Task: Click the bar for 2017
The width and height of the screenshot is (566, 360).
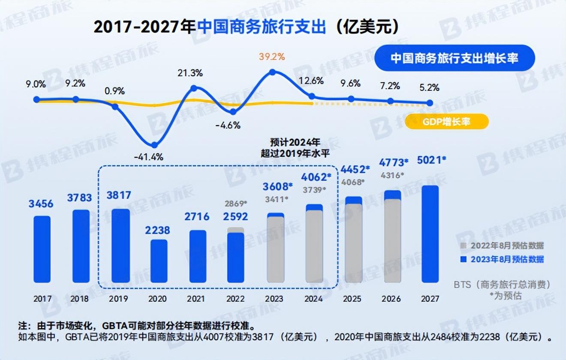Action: (x=42, y=249)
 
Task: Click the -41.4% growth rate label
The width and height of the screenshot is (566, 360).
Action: (x=148, y=157)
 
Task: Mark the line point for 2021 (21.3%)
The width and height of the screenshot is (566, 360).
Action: (x=194, y=88)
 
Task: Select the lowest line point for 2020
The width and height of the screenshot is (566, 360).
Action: (x=155, y=145)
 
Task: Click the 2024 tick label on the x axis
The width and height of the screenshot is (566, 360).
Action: (x=313, y=299)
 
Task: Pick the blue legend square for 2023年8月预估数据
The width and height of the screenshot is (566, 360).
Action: (x=463, y=259)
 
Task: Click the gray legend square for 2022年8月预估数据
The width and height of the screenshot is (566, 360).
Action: (x=463, y=246)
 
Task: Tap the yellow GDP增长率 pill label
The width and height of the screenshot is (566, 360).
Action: (x=446, y=122)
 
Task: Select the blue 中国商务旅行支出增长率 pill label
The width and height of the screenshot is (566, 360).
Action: (x=455, y=58)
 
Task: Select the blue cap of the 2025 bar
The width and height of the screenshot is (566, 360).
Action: (x=354, y=200)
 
